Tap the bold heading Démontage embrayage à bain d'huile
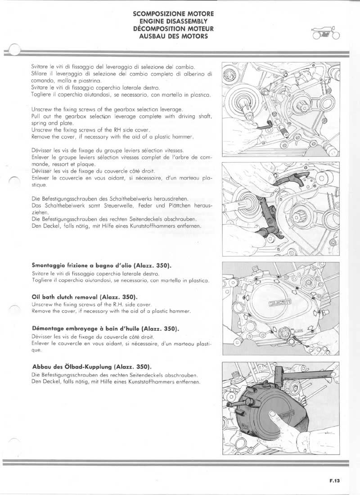point(106,328)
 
